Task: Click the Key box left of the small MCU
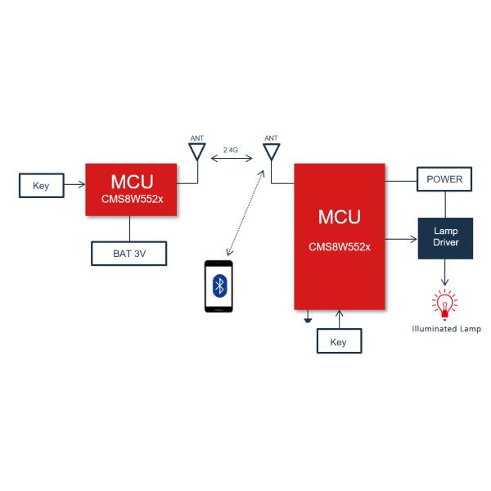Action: coord(41,186)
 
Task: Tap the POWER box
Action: coord(444,179)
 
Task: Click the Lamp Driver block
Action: coord(445,238)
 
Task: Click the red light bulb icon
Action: coord(445,305)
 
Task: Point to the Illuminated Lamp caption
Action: coord(446,329)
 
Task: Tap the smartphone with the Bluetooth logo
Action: coord(218,286)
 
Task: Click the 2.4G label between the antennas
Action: coord(231,151)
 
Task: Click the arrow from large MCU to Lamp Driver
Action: coord(401,240)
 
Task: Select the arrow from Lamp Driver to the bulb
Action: coord(445,274)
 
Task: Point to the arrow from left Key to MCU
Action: coord(74,186)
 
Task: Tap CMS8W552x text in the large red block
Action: coord(340,246)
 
